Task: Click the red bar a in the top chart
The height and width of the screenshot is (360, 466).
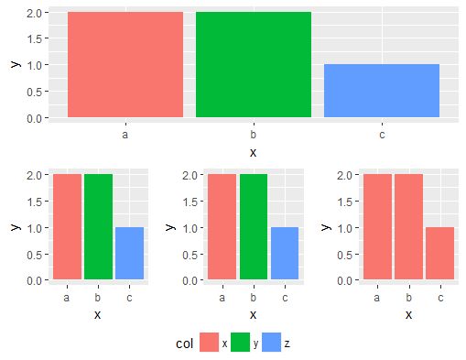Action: [x=125, y=64]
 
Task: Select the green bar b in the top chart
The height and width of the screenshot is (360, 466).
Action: [x=254, y=64]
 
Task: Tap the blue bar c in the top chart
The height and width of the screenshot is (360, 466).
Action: [x=382, y=91]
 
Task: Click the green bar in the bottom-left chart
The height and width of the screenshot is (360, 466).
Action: [x=98, y=226]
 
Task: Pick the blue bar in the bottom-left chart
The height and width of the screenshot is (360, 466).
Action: [x=129, y=253]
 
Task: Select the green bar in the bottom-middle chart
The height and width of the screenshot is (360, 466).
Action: [x=254, y=226]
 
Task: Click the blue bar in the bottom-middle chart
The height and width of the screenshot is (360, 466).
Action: [x=285, y=253]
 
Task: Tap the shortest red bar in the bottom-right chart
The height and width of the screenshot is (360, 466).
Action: [x=440, y=253]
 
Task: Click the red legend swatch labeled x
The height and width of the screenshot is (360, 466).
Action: [x=209, y=343]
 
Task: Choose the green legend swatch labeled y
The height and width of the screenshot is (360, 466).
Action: [x=241, y=343]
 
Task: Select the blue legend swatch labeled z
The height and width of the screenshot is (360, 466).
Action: [x=272, y=343]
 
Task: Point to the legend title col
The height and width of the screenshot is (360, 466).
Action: [x=184, y=343]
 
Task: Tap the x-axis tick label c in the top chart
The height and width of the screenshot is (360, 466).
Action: [x=382, y=134]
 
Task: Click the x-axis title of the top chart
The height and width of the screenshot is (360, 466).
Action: [x=254, y=151]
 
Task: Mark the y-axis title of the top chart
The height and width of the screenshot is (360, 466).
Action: [x=13, y=64]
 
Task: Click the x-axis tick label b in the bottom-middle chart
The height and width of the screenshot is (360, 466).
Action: [x=254, y=297]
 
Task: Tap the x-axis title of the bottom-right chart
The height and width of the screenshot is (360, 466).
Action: [x=409, y=314]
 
